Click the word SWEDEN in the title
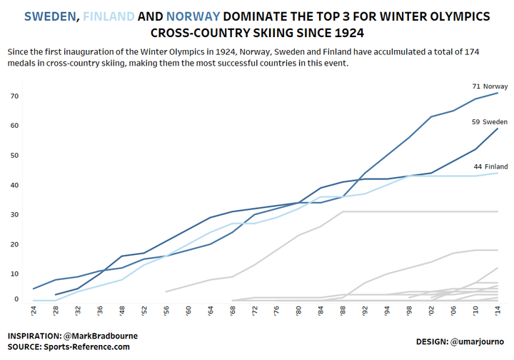pyautogui.click(x=50, y=16)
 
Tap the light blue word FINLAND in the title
pyautogui.click(x=109, y=16)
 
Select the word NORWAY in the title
pyautogui.click(x=193, y=16)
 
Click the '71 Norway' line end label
pyautogui.click(x=490, y=86)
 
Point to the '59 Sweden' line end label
pyautogui.click(x=490, y=122)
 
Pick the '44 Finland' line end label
pyautogui.click(x=490, y=166)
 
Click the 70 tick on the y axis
pyautogui.click(x=14, y=96)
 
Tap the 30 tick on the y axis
pyautogui.click(x=14, y=214)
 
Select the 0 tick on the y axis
pyautogui.click(x=16, y=299)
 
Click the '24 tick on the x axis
pyautogui.click(x=34, y=310)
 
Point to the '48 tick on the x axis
pyautogui.click(x=122, y=310)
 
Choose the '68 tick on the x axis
pyautogui.click(x=233, y=310)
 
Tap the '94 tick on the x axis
pyautogui.click(x=387, y=310)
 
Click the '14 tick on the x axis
pyautogui.click(x=498, y=310)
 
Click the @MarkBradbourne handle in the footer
pyautogui.click(x=101, y=336)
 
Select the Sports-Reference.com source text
pyautogui.click(x=86, y=347)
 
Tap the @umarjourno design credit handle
pyautogui.click(x=477, y=341)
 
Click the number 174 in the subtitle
pyautogui.click(x=472, y=52)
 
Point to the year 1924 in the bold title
pyautogui.click(x=349, y=33)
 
